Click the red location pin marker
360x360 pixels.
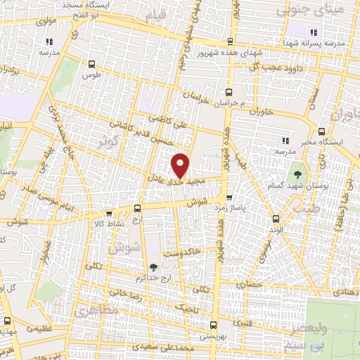181,165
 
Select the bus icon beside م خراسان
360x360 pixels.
229,92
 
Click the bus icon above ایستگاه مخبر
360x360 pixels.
321,131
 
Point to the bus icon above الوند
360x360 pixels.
276,218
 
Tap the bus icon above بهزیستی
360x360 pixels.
214,325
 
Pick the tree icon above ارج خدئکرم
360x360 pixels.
153,266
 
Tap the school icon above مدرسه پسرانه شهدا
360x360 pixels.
314,32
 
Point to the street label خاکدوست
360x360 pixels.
182,251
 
